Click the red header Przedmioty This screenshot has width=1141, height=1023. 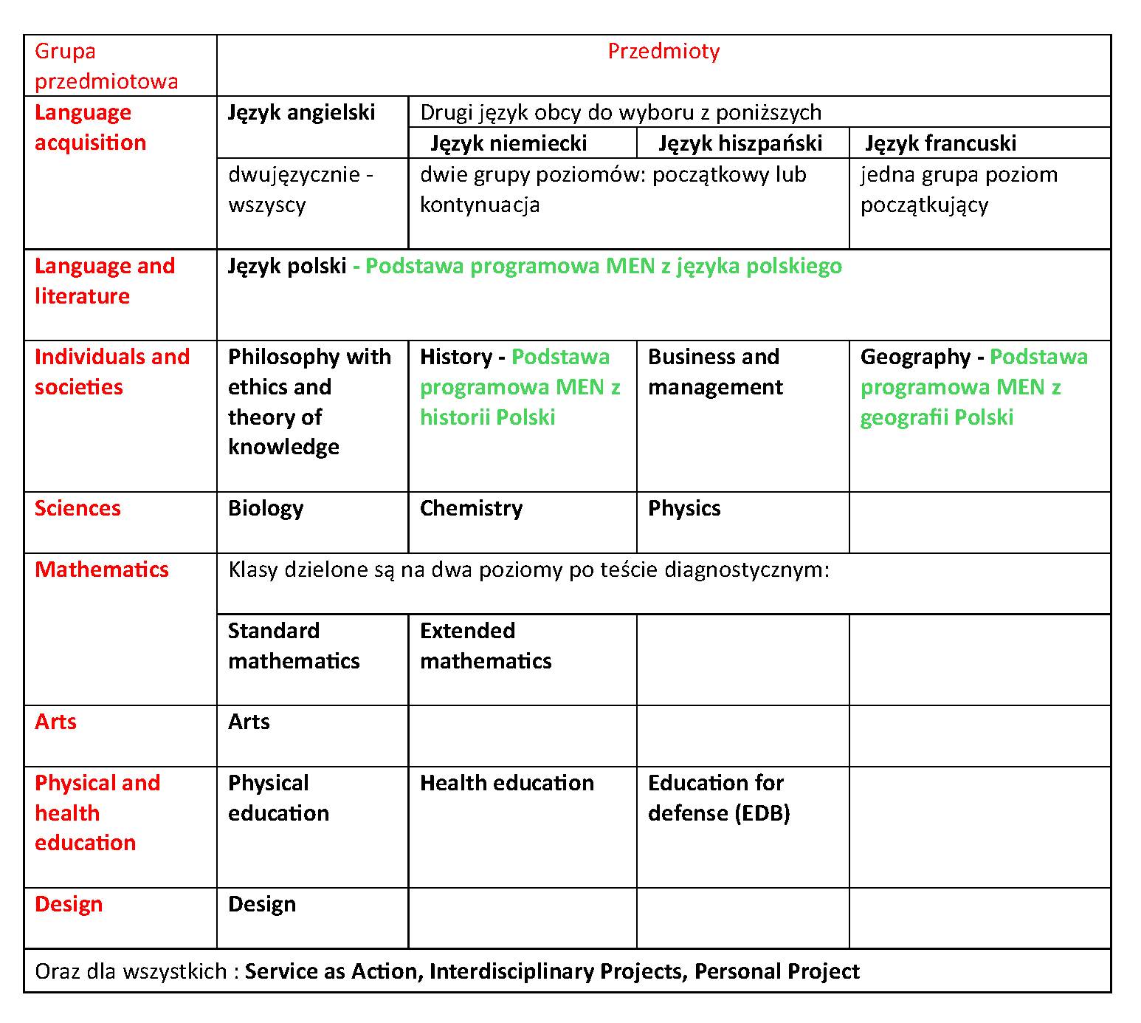[663, 52]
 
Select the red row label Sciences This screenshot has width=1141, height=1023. [77, 509]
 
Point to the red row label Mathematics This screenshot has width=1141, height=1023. [102, 570]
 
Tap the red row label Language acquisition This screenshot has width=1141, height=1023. [90, 128]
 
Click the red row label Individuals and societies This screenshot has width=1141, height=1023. [111, 372]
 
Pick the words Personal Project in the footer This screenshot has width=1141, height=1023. [776, 971]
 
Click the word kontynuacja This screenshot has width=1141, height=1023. [480, 205]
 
